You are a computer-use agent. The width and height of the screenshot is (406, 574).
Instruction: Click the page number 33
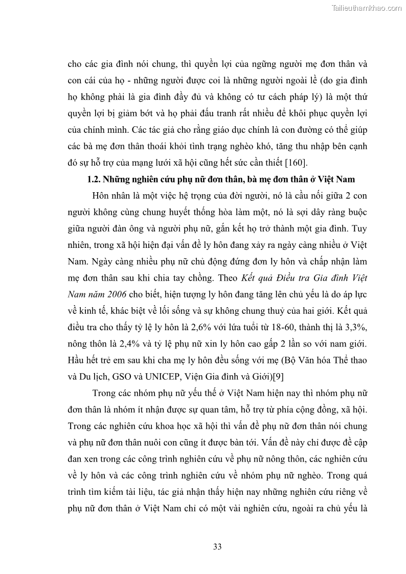click(x=217, y=546)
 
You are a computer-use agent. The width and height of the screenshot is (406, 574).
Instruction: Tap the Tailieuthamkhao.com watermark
click(x=367, y=8)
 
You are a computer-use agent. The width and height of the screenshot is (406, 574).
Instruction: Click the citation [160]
click(x=296, y=163)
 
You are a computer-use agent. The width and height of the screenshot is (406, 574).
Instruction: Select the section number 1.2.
click(x=94, y=179)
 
